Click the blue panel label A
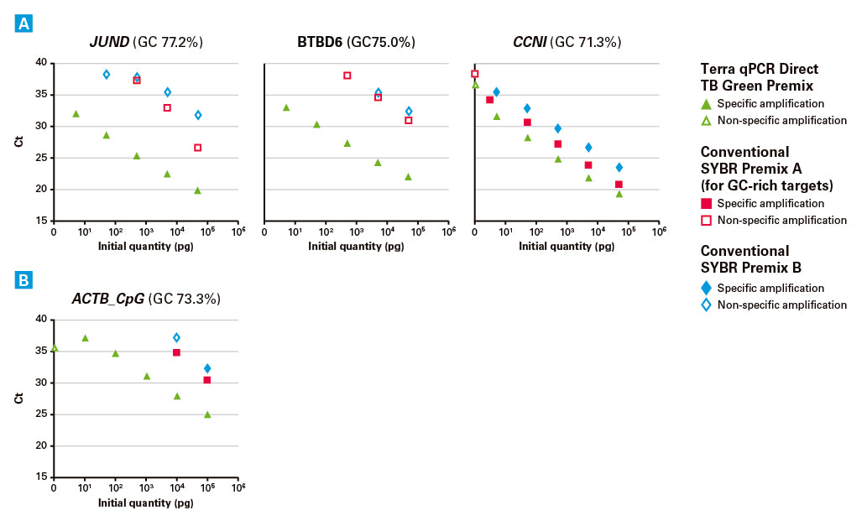click(24, 23)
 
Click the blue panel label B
click(24, 280)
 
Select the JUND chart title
click(146, 42)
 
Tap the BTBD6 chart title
click(356, 42)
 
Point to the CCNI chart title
click(567, 42)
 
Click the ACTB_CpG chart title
click(146, 299)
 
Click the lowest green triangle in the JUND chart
click(197, 190)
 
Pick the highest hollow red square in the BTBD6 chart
click(347, 76)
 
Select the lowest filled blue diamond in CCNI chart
click(619, 168)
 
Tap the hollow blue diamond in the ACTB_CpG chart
click(176, 337)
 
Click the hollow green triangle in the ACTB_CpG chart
click(55, 347)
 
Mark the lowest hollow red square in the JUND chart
click(197, 148)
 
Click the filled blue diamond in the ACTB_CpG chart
click(207, 368)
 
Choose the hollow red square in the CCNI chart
click(474, 74)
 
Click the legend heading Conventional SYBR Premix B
click(751, 259)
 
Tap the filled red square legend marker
click(706, 203)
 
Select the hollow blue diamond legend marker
click(706, 305)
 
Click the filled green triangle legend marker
click(706, 103)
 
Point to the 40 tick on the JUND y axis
click(41, 62)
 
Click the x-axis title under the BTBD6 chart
click(356, 247)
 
